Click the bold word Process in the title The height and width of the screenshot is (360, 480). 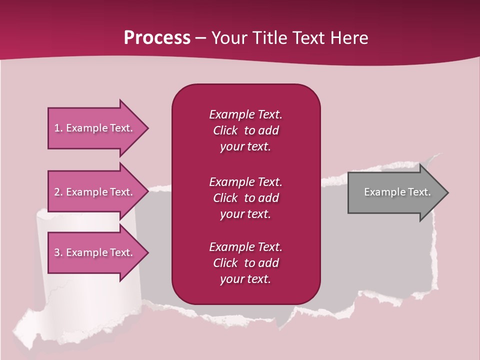[157, 38]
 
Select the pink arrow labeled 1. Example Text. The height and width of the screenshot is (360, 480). [95, 128]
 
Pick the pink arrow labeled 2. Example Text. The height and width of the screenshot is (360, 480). [95, 192]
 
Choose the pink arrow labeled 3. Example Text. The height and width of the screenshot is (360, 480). [95, 252]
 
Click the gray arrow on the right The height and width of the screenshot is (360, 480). [395, 192]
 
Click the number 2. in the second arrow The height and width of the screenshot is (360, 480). [58, 192]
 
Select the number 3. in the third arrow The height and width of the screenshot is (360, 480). [58, 252]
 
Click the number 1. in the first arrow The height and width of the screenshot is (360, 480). [58, 128]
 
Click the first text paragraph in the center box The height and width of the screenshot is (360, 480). [245, 130]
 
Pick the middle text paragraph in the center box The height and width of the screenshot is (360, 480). [245, 197]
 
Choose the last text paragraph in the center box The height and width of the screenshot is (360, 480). [245, 263]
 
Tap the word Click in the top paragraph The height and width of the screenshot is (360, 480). [225, 130]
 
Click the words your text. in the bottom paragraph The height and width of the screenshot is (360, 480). [245, 279]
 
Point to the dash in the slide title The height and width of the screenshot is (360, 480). [200, 38]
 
